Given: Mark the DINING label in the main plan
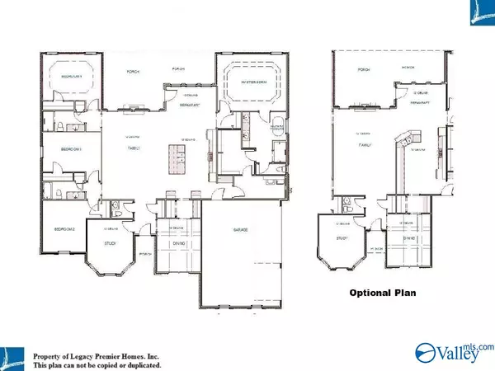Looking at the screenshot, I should [179, 244].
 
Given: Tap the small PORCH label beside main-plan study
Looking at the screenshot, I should [145, 254].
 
